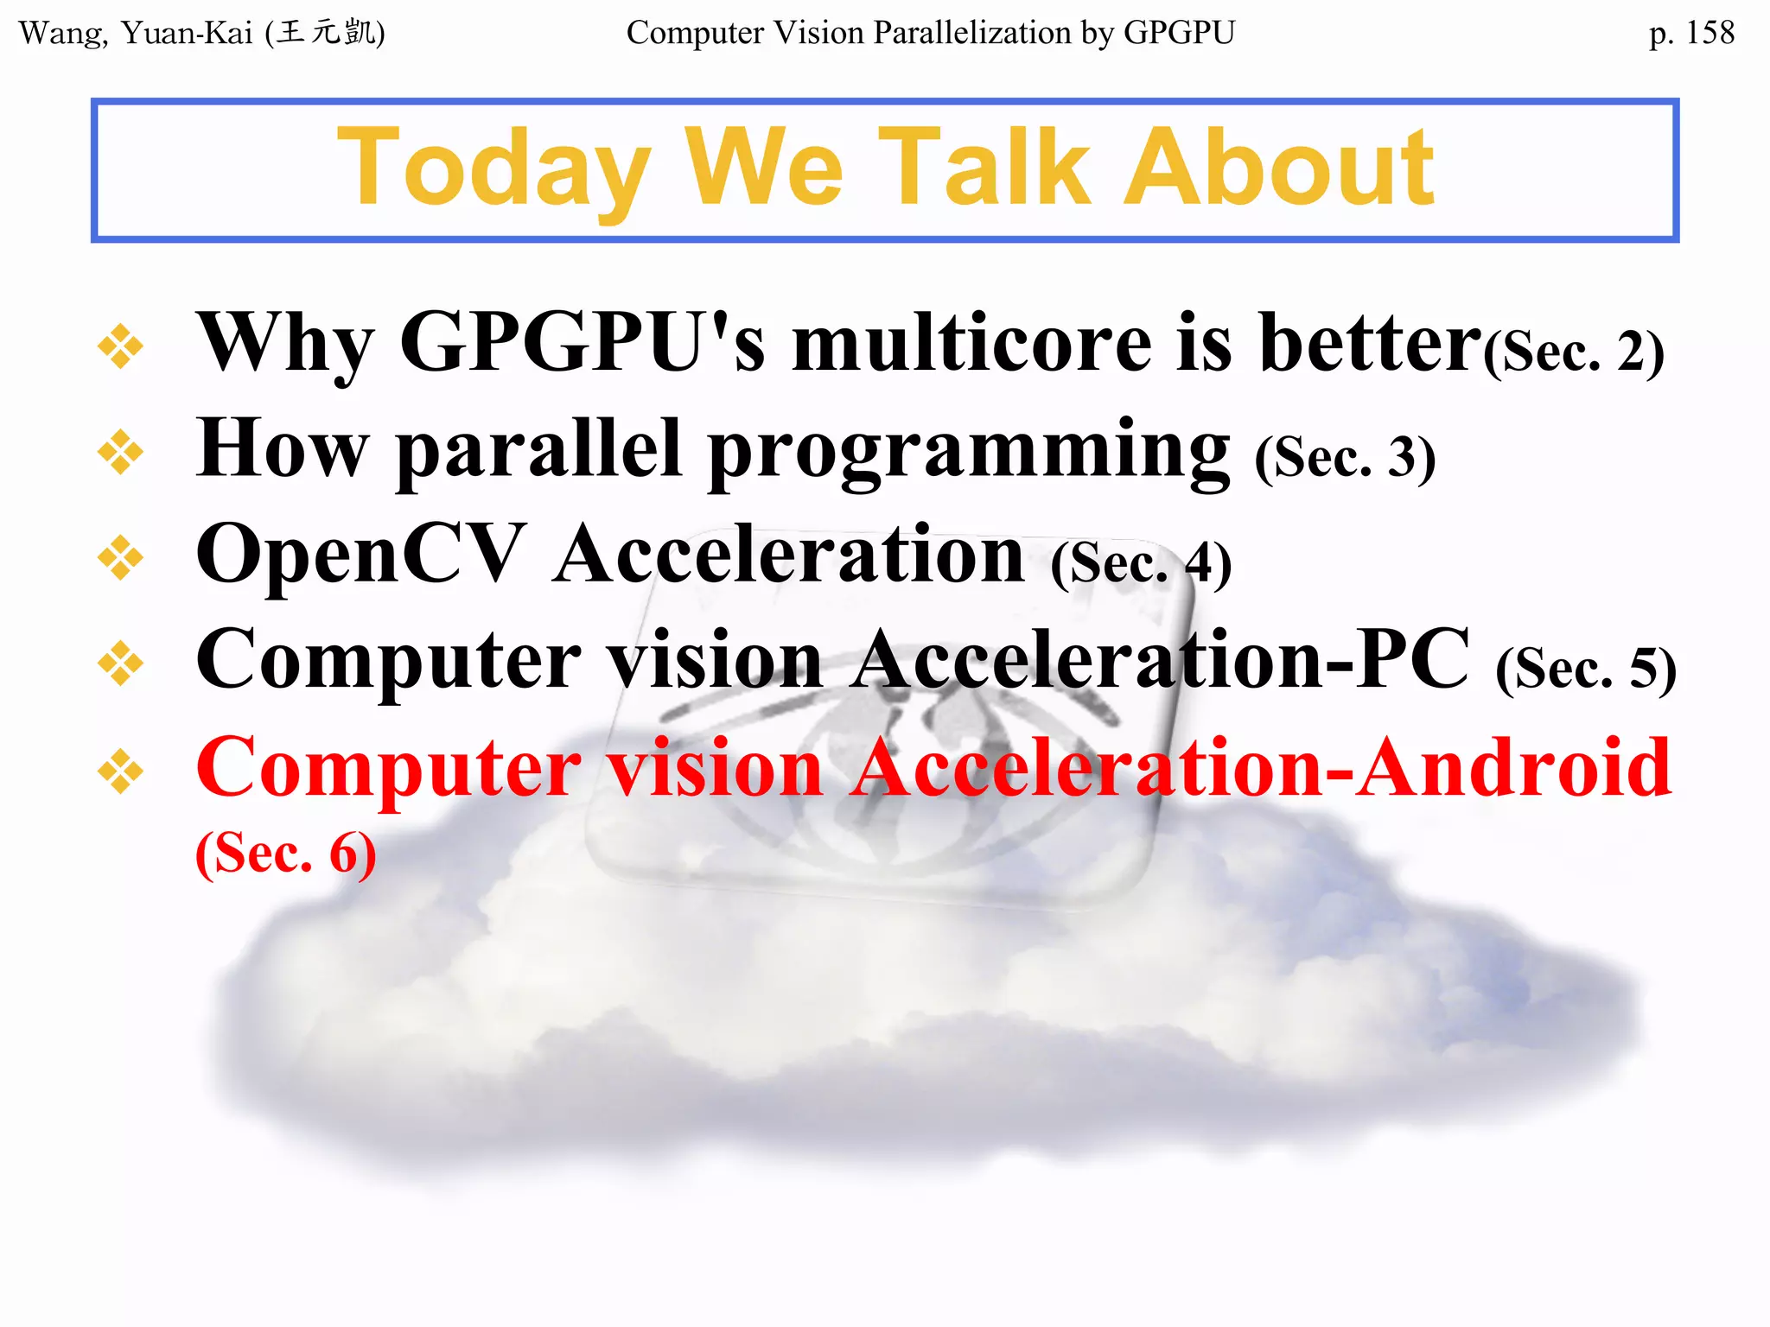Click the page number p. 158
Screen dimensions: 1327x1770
1690,33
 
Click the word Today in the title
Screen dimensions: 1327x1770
493,168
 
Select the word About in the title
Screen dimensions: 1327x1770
1279,168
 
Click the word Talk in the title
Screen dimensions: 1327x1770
995,168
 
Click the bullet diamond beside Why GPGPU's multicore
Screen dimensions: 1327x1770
120,346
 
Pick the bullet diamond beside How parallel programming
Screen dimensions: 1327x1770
120,452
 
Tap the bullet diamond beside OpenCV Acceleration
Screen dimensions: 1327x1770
120,557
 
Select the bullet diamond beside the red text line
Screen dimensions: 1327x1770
120,770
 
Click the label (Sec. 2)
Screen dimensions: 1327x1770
1574,352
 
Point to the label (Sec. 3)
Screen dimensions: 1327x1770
1345,458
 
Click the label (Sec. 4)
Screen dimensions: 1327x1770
1141,563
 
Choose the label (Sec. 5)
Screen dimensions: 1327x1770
1586,669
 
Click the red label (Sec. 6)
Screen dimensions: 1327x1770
286,854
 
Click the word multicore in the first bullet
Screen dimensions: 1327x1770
971,344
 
